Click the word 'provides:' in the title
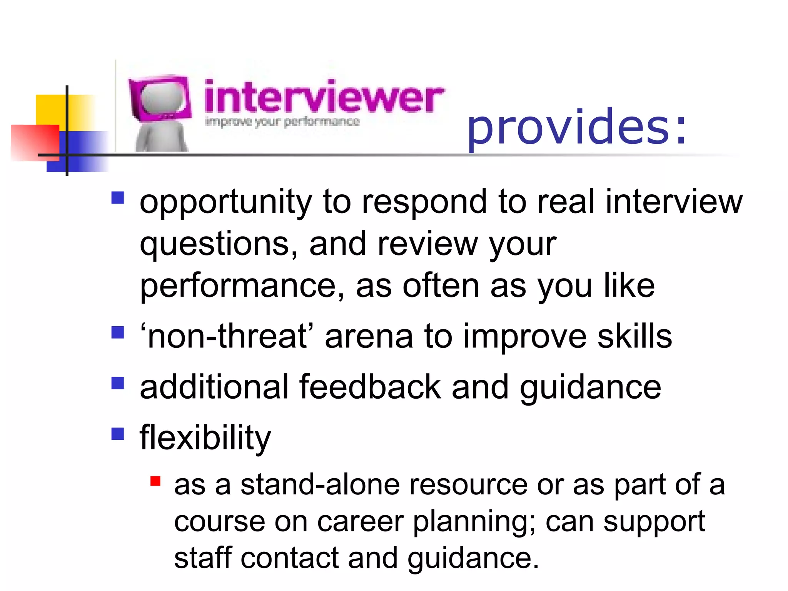click(576, 127)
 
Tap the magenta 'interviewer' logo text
click(324, 96)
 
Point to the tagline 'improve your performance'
click(282, 122)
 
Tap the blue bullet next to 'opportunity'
click(118, 198)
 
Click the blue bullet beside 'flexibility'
click(118, 434)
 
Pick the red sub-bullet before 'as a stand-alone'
click(155, 481)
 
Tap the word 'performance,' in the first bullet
click(242, 286)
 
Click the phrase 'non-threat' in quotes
click(227, 336)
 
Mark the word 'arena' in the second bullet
click(368, 336)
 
